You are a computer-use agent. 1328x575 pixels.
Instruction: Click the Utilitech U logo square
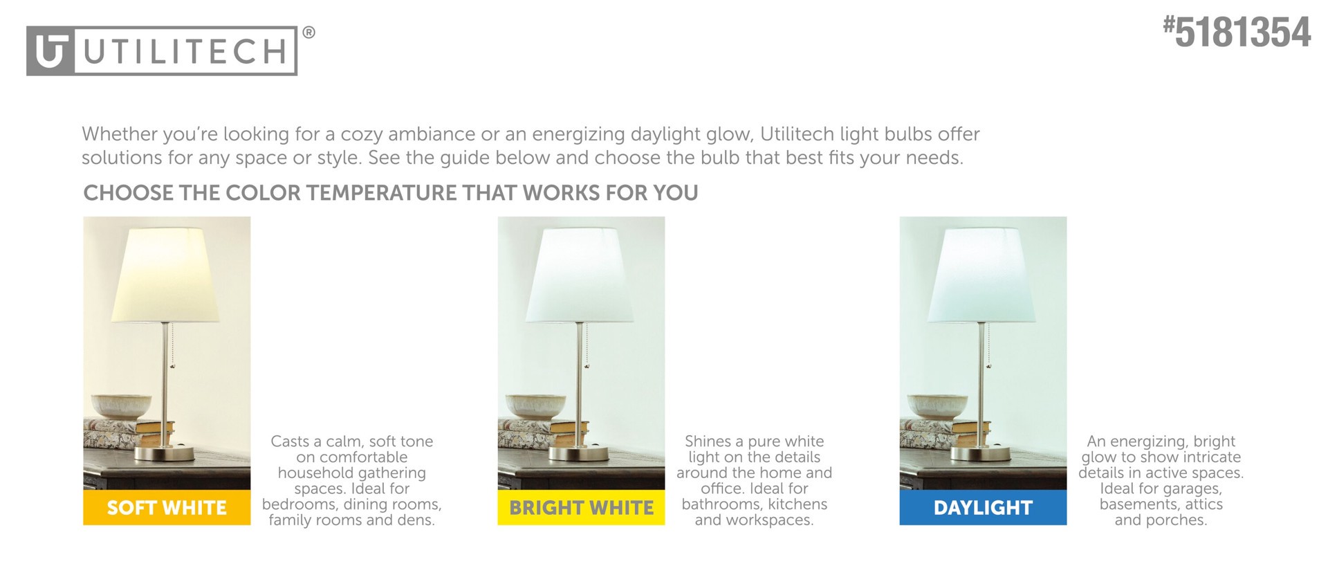point(50,51)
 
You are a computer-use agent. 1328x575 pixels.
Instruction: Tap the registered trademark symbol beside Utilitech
point(309,33)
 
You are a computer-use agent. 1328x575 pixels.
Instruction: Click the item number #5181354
point(1237,33)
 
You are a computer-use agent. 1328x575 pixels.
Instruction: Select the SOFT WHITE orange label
point(167,508)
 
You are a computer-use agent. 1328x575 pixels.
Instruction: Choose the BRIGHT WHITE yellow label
point(581,508)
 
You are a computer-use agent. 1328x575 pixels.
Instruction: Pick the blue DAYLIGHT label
point(983,508)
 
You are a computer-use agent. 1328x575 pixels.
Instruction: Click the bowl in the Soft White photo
point(122,405)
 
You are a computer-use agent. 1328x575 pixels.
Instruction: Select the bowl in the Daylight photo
point(938,405)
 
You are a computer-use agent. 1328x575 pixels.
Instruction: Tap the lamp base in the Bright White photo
point(579,454)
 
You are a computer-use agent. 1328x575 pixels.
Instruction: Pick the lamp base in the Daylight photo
point(980,454)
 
